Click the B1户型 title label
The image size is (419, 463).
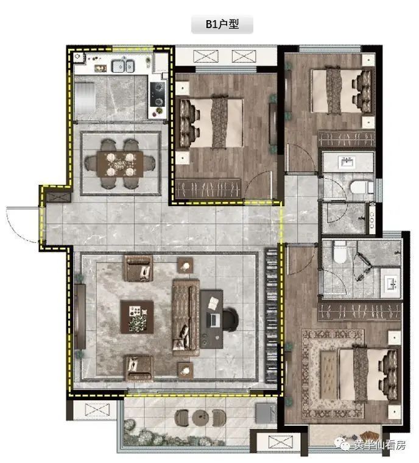point(222,24)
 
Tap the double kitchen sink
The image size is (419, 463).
point(122,65)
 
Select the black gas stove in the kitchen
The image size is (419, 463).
point(158,94)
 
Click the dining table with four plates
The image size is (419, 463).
point(120,164)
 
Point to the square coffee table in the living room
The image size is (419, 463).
point(137,317)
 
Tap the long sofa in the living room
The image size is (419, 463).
point(186,317)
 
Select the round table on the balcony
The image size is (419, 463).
point(200,417)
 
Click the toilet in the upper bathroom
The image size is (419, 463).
point(362,187)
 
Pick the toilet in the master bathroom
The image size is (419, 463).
point(340,251)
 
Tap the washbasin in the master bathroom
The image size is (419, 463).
point(391,284)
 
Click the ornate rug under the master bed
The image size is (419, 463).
point(333,373)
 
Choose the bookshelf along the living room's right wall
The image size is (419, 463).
point(272,316)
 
